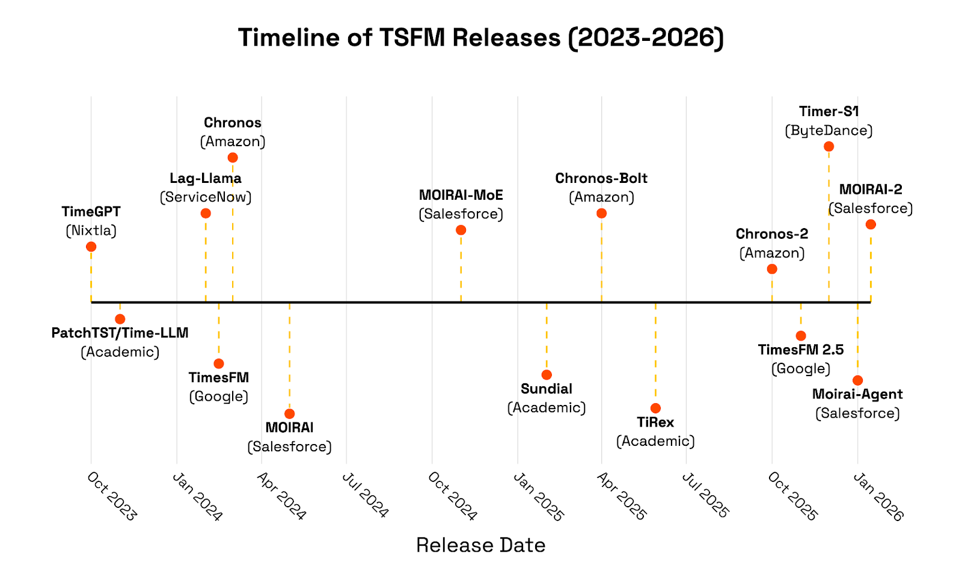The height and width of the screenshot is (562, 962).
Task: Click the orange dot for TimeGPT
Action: pos(91,247)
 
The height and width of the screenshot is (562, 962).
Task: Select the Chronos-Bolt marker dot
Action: pos(601,213)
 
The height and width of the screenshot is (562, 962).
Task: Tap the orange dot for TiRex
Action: pos(655,408)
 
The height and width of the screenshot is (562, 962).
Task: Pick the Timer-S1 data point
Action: pos(829,146)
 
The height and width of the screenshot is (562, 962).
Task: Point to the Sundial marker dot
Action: pos(547,375)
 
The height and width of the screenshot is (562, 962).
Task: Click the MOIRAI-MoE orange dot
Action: pos(461,230)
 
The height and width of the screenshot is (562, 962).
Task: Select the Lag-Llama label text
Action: pos(205,178)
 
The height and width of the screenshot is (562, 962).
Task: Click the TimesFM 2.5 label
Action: pos(800,350)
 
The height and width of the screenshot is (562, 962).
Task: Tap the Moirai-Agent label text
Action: pos(857,394)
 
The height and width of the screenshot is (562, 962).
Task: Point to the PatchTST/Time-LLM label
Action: pos(120,333)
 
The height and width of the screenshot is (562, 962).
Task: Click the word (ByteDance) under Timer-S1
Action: pos(829,131)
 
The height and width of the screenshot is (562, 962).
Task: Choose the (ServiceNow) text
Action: pos(205,197)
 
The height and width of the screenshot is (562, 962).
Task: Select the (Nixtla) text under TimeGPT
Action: pos(91,230)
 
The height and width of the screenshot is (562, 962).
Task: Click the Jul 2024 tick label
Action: pos(365,495)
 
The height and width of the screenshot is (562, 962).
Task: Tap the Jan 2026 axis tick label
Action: pos(878,496)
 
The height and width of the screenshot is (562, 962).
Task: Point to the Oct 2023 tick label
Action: pos(112,496)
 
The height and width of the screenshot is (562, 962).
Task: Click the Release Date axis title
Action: pos(480,545)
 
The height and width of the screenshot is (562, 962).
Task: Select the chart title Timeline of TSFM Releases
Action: pos(480,37)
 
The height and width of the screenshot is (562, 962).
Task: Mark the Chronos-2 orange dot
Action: pos(772,269)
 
